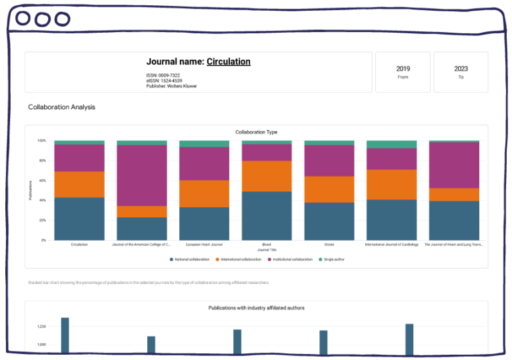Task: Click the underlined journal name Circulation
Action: [x=228, y=62]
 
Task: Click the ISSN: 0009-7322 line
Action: [x=163, y=75]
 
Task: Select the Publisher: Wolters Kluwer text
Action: [x=171, y=86]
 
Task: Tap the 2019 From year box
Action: [x=403, y=72]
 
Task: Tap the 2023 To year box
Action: [x=461, y=72]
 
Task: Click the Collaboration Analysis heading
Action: [x=61, y=107]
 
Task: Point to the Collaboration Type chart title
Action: [x=257, y=132]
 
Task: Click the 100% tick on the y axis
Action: [x=41, y=141]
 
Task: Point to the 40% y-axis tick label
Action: [x=41, y=201]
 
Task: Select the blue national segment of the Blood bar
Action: [x=267, y=216]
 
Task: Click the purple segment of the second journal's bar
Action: [x=142, y=175]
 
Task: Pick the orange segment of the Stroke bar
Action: [x=329, y=189]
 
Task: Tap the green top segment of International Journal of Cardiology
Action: [x=391, y=144]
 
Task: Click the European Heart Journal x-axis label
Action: [x=204, y=245]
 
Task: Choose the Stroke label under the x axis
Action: [x=329, y=245]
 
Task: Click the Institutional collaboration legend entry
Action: [x=290, y=259]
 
